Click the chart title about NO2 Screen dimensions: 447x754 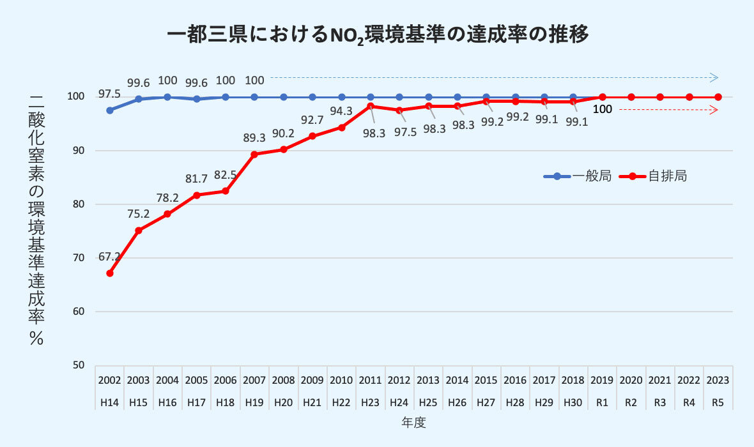[377, 34]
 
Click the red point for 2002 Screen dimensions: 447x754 [110, 273]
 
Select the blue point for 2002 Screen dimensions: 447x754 [110, 110]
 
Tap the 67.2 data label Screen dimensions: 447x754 [109, 257]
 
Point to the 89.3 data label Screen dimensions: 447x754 [254, 138]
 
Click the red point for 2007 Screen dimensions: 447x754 [254, 154]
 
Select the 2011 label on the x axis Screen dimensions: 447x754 [371, 380]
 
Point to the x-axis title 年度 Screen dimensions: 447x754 [413, 423]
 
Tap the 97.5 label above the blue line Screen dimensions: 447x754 [110, 95]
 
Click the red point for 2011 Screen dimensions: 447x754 [371, 106]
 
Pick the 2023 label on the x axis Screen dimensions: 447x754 [718, 380]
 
